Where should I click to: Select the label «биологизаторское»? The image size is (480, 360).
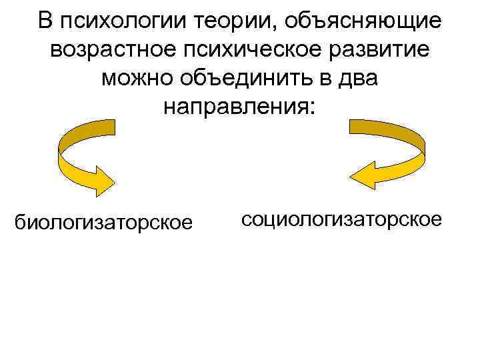(103, 220)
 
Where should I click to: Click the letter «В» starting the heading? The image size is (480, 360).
(45, 23)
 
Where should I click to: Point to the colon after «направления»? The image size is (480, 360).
(307, 110)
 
